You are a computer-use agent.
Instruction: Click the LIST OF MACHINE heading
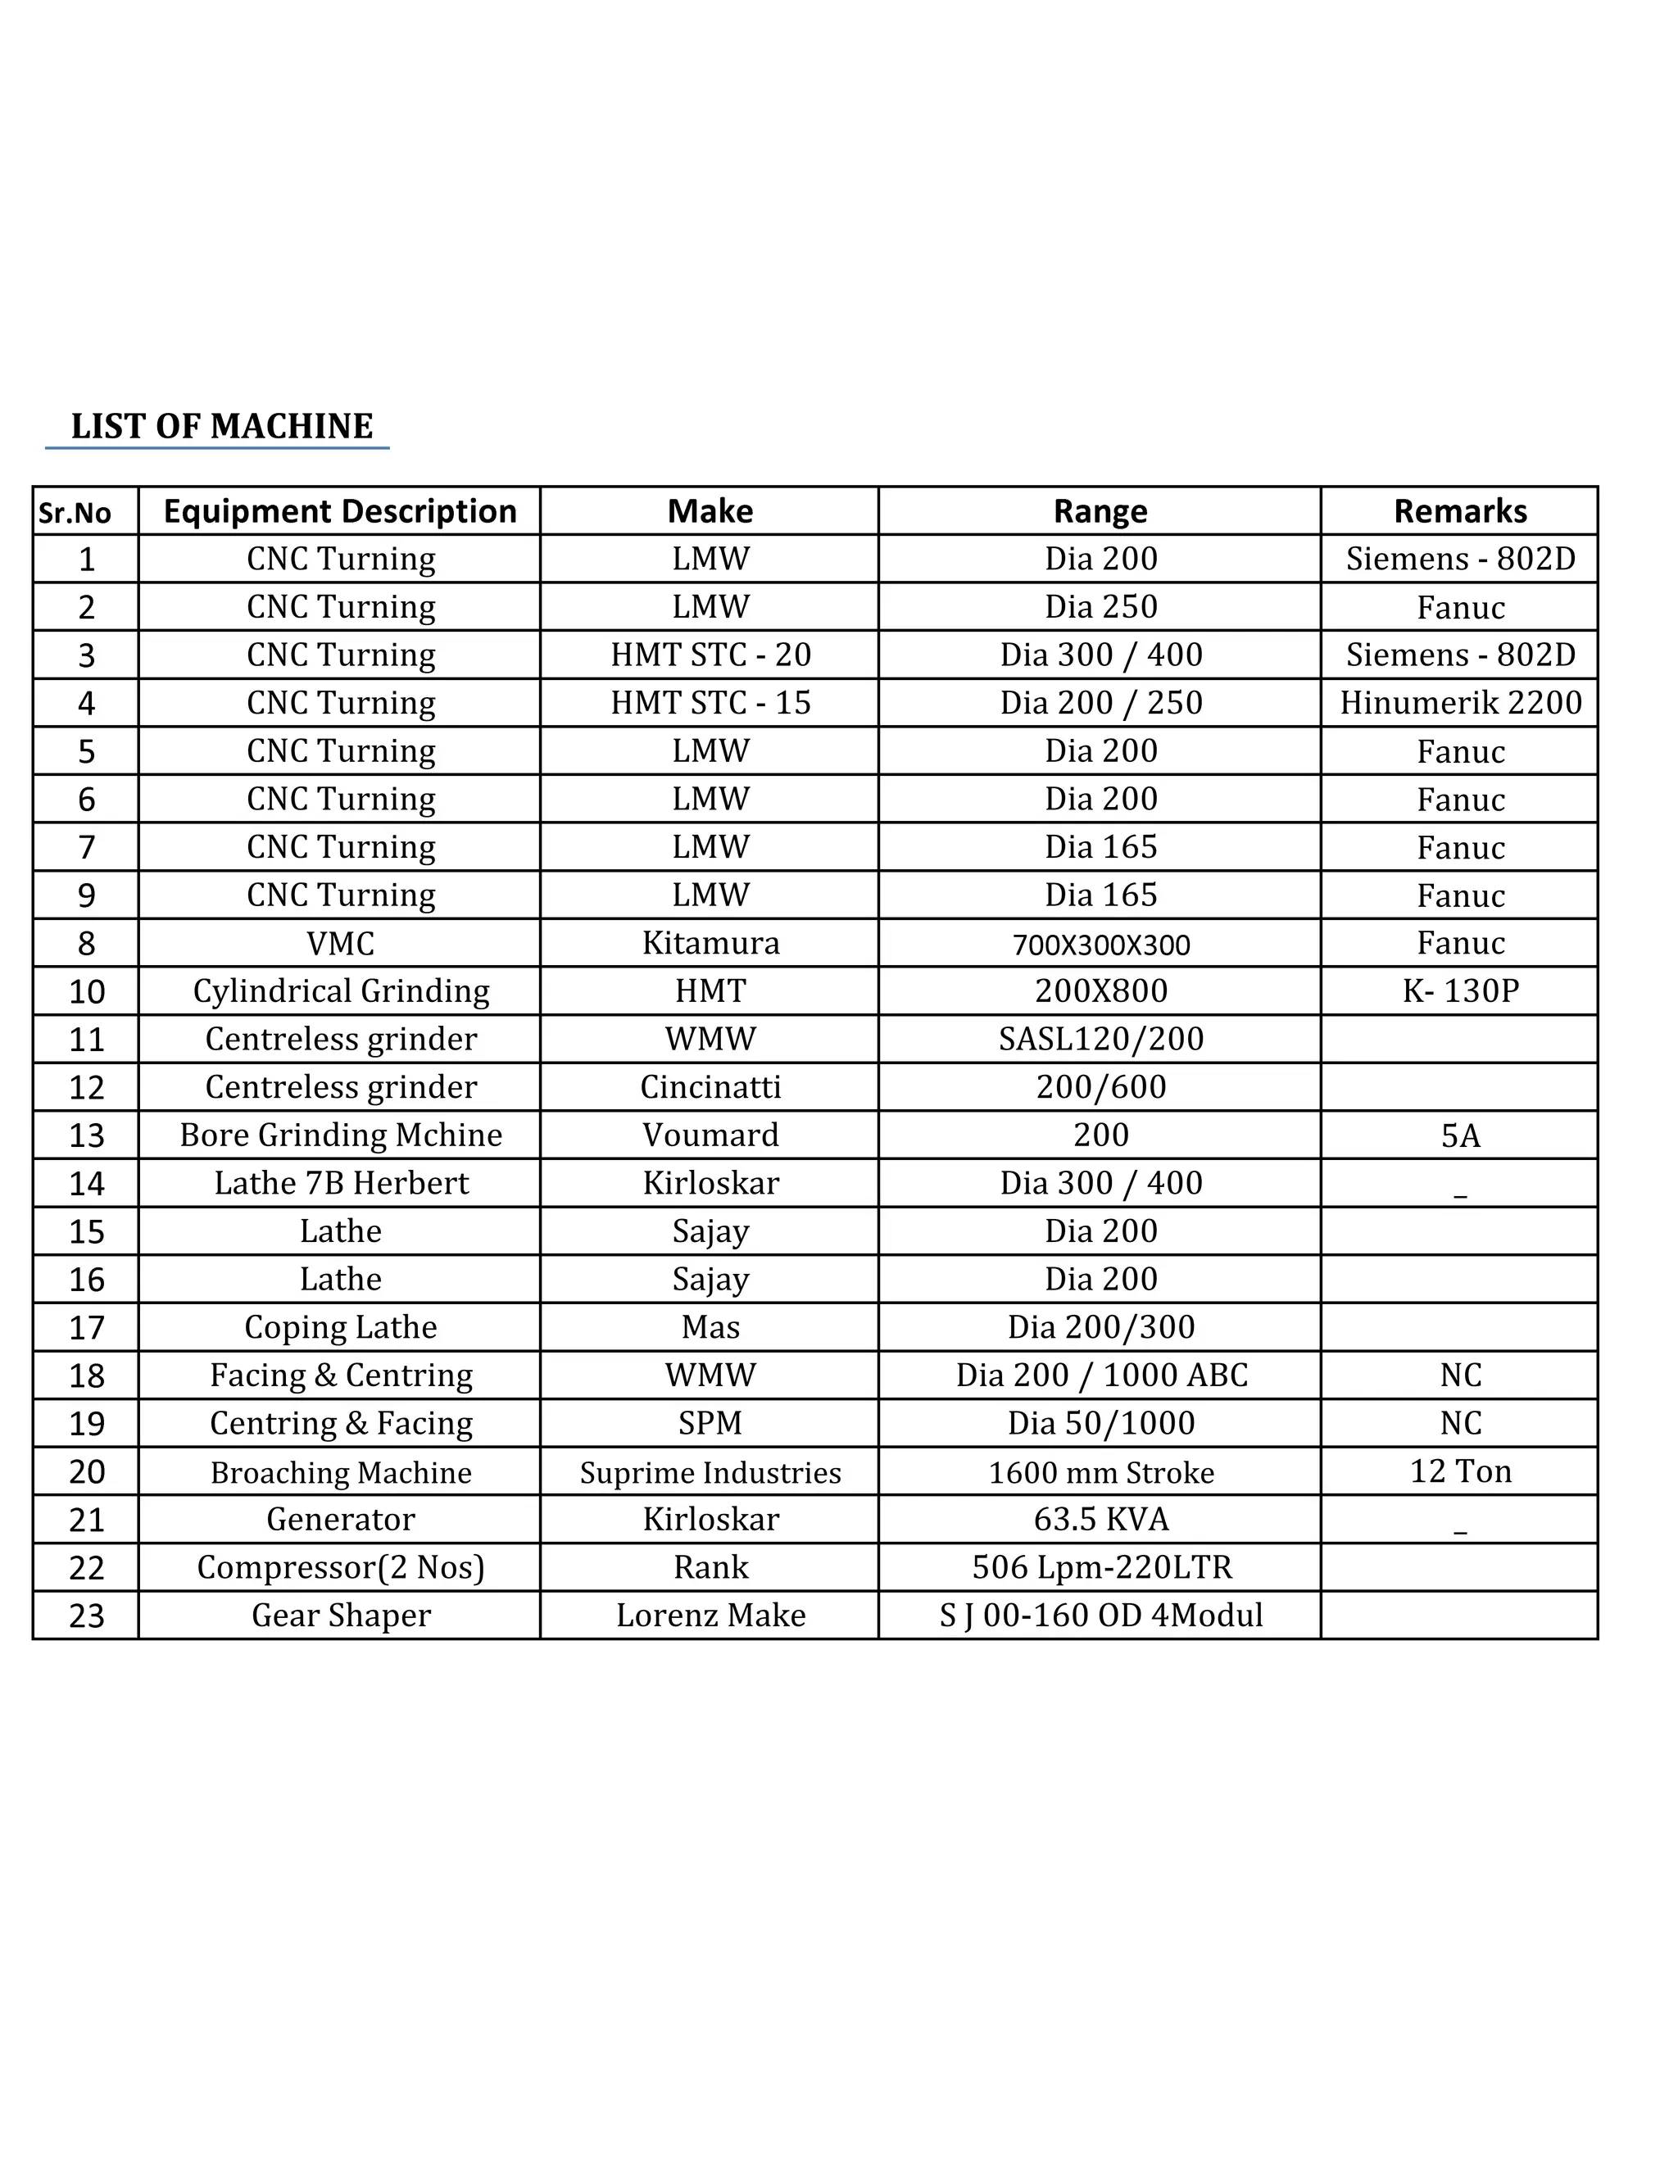click(x=222, y=427)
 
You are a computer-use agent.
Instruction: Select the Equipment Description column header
click(x=340, y=511)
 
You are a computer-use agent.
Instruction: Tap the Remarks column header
click(x=1459, y=511)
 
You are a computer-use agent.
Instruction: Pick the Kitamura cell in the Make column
click(x=710, y=942)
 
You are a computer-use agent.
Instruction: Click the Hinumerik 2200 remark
click(x=1459, y=703)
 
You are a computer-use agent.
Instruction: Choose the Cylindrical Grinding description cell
click(x=341, y=991)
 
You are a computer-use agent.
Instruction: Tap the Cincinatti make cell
click(x=710, y=1086)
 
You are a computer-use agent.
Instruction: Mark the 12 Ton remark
click(x=1459, y=1471)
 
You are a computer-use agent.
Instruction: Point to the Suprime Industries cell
click(x=710, y=1472)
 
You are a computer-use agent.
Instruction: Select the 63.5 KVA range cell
click(x=1100, y=1519)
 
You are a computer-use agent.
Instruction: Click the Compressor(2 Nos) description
click(x=341, y=1567)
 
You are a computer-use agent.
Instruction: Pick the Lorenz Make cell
click(x=710, y=1616)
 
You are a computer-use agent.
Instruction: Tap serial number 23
click(x=87, y=1616)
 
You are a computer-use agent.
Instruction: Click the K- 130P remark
click(x=1459, y=991)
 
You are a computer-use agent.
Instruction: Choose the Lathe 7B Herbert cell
click(x=341, y=1183)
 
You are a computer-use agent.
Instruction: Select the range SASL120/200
click(x=1100, y=1039)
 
